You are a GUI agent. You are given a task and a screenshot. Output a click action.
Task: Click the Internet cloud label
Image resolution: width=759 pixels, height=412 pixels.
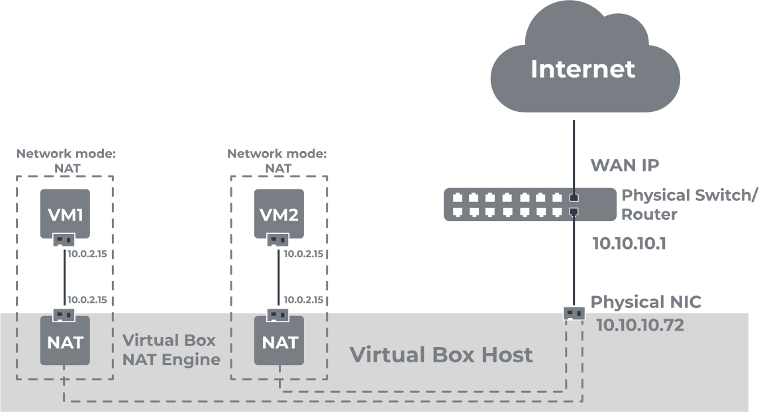point(583,69)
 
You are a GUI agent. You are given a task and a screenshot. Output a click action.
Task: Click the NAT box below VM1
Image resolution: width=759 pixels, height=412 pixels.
point(64,342)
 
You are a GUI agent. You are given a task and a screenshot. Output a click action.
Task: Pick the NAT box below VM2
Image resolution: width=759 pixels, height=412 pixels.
point(279,342)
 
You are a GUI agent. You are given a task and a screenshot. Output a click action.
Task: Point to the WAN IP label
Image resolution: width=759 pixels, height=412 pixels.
point(624,165)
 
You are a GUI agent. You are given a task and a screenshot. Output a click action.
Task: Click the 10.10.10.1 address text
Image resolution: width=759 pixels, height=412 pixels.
point(629,244)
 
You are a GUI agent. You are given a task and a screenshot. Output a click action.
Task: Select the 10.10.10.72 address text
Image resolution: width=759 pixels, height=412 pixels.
point(640,326)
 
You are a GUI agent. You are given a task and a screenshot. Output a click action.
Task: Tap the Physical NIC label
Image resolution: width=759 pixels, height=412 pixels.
point(645,303)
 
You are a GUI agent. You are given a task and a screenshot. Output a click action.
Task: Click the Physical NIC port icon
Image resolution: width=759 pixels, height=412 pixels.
point(574,313)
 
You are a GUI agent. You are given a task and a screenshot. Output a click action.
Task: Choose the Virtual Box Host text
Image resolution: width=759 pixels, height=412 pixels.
point(440,355)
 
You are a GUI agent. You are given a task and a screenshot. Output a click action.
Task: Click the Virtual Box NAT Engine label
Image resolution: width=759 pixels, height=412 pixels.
point(171,350)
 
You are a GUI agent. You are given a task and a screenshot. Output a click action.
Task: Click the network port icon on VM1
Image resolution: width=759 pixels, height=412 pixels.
point(64,240)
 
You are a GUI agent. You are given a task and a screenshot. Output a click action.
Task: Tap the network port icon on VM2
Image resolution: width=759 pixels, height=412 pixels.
point(278,240)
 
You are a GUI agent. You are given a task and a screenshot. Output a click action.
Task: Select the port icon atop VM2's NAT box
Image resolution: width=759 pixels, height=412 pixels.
point(278,315)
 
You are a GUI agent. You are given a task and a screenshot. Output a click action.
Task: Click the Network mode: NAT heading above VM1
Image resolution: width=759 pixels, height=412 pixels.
point(66,160)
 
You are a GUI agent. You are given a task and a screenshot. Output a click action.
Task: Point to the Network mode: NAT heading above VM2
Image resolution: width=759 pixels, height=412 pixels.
point(277,160)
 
